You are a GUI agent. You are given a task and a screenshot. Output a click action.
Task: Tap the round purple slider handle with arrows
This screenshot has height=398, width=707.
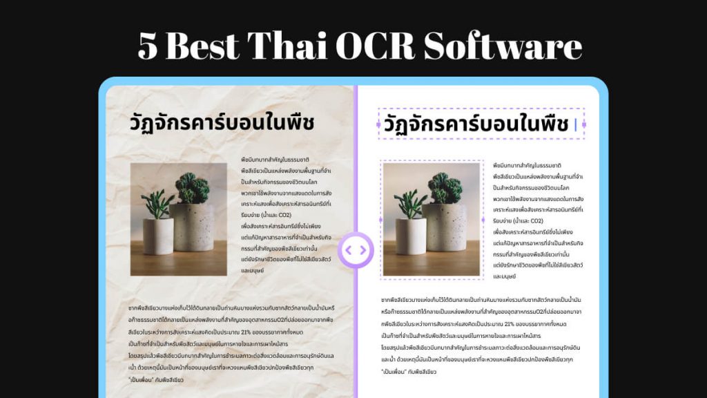click(356, 250)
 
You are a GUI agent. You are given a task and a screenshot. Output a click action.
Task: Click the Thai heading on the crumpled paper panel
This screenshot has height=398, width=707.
click(221, 123)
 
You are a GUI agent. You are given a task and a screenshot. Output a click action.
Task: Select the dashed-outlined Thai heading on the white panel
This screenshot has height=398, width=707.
click(476, 124)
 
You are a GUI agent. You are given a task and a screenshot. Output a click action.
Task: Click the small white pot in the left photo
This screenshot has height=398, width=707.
click(157, 235)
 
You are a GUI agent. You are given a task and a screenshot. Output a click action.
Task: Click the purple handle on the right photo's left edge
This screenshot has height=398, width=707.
click(380, 220)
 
